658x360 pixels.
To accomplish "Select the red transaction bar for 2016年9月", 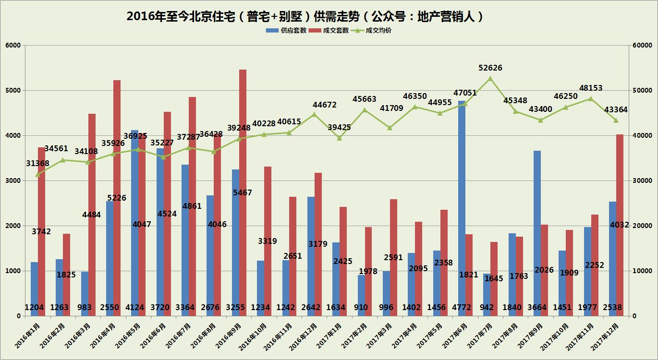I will coord(243,144).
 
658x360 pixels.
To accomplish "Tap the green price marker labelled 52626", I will coord(490,78).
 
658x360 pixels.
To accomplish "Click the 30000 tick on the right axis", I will coord(642,180).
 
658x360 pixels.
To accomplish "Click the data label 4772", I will coord(461,307).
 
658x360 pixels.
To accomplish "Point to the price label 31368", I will coord(37,164).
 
